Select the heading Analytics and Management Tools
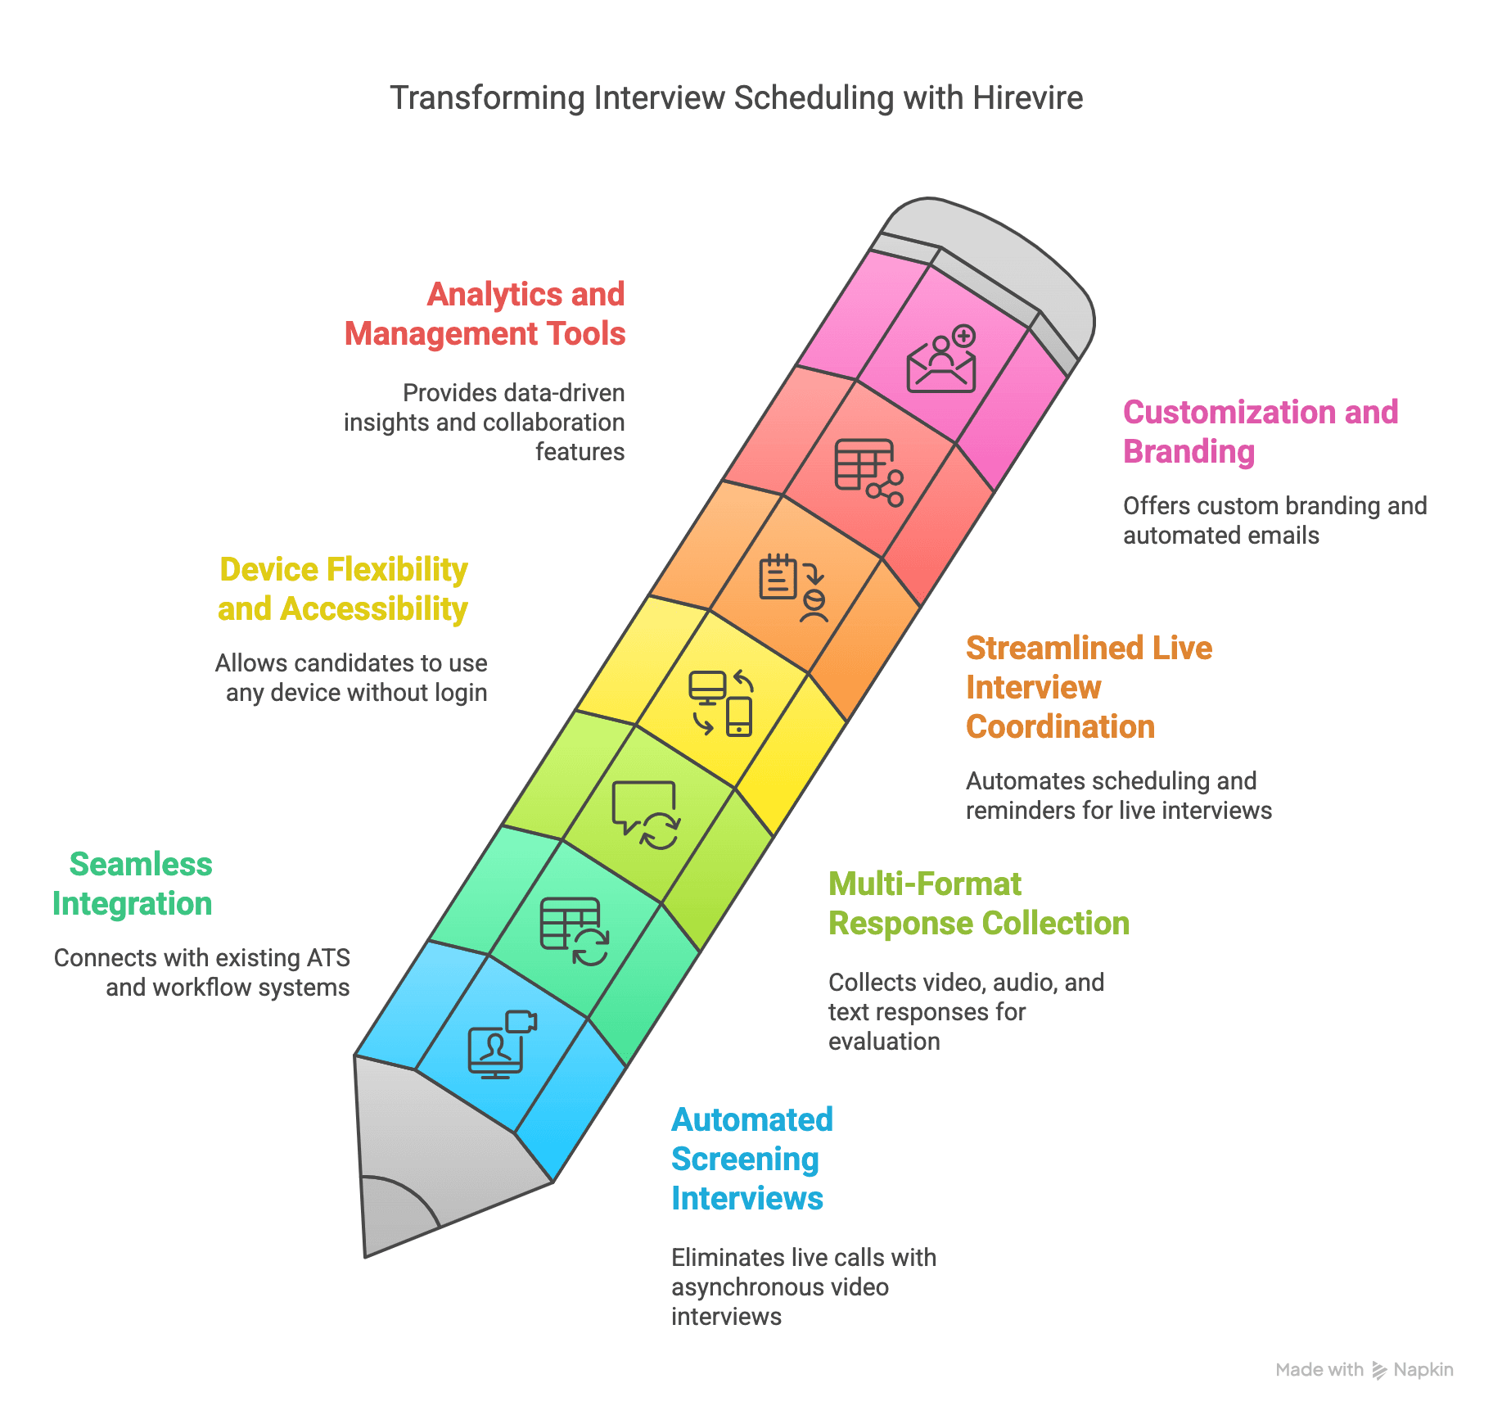(x=485, y=314)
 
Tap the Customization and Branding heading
(x=1260, y=432)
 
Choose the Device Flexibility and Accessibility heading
(x=343, y=590)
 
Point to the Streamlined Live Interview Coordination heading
(x=1088, y=687)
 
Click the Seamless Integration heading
(x=133, y=884)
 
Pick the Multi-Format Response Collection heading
(x=978, y=904)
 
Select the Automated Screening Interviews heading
(x=751, y=1159)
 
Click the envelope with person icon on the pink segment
(x=942, y=360)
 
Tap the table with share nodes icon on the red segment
(x=868, y=472)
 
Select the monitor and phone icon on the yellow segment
(x=721, y=703)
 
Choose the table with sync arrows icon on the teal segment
(x=574, y=931)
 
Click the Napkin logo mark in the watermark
(x=1379, y=1370)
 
